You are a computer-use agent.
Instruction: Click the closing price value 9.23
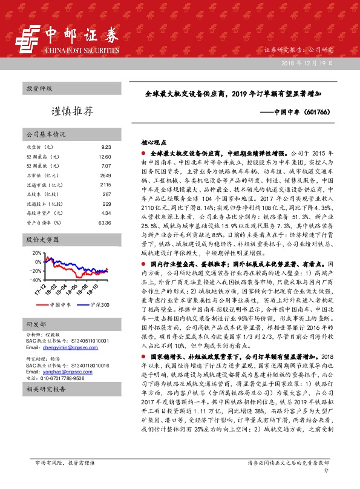point(106,147)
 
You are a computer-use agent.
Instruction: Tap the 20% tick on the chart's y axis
point(36,253)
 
